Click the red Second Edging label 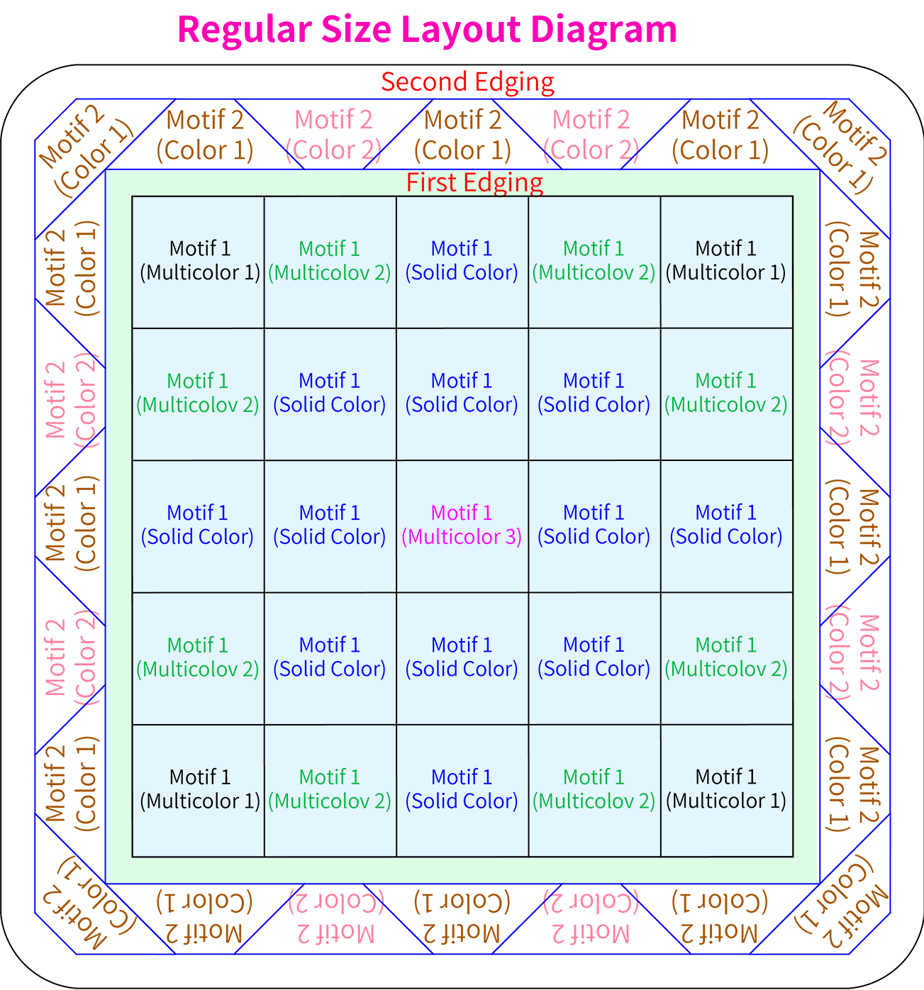[467, 82]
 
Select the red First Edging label [474, 182]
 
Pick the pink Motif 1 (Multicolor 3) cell [462, 526]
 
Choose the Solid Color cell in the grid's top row [462, 262]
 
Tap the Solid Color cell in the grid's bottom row [462, 791]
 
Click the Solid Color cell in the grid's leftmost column [198, 526]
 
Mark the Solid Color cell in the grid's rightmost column [727, 526]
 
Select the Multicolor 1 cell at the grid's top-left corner [198, 262]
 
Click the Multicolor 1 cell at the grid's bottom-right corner [727, 791]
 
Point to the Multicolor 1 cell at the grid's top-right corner [727, 262]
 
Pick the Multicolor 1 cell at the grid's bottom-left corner [198, 791]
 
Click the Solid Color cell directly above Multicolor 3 [462, 394]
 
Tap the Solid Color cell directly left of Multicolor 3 [330, 526]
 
